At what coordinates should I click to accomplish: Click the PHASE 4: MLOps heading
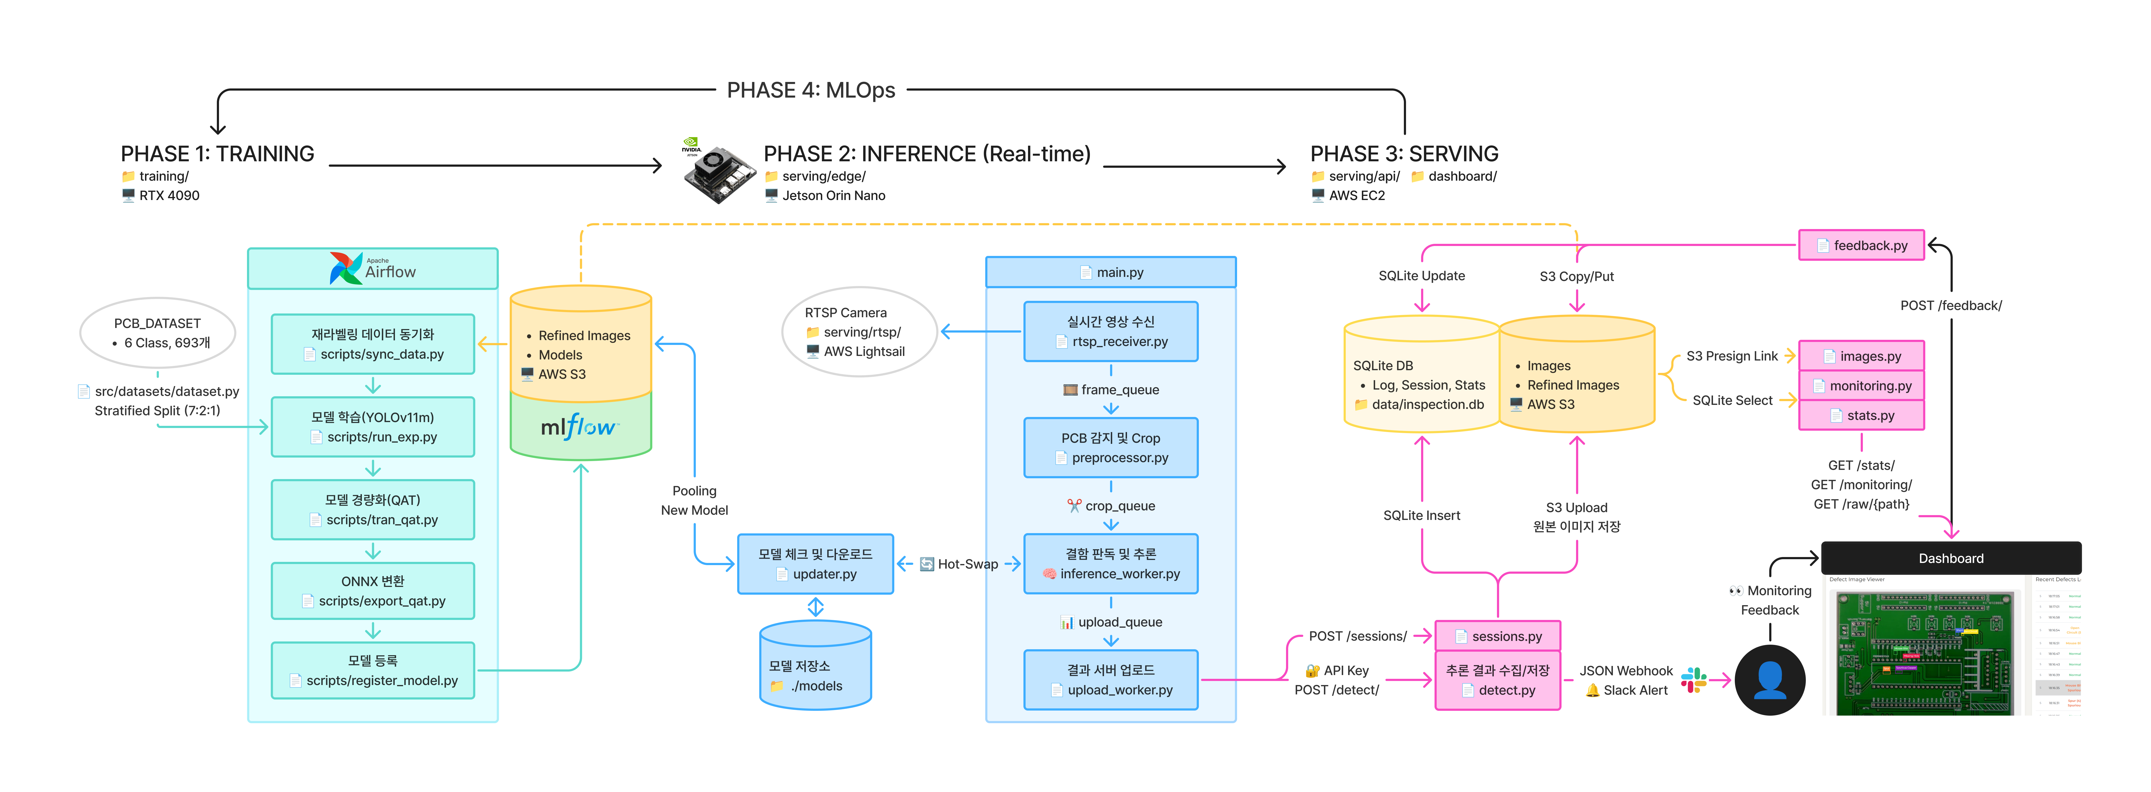click(x=811, y=90)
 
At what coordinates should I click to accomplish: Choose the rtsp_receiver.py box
click(x=1111, y=331)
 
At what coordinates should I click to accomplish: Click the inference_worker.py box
click(x=1111, y=564)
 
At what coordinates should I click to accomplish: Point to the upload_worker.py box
click(x=1111, y=680)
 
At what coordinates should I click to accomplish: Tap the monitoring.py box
click(x=1861, y=386)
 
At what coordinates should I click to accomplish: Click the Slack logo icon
click(x=1693, y=680)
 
